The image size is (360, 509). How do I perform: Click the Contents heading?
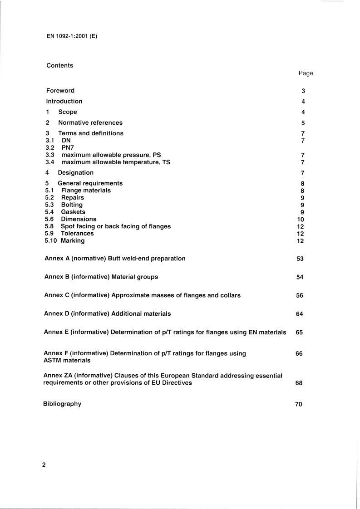click(59, 65)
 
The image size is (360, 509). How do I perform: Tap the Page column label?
click(306, 73)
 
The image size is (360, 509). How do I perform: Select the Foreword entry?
click(60, 90)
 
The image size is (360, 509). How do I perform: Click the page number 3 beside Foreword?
click(303, 91)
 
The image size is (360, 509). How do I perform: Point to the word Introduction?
click(64, 101)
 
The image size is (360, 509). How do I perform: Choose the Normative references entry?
click(90, 122)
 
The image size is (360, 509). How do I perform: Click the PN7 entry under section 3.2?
click(68, 147)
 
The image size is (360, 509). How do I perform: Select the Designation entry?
click(75, 172)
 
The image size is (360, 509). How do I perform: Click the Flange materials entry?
click(86, 191)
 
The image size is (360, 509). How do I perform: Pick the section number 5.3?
click(50, 205)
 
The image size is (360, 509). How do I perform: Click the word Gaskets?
click(73, 212)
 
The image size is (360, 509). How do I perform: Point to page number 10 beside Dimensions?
click(300, 219)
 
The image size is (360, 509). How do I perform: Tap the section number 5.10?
click(51, 240)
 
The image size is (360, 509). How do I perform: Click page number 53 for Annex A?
click(300, 259)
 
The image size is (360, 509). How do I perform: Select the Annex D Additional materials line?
click(107, 313)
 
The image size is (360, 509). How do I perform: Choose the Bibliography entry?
click(62, 404)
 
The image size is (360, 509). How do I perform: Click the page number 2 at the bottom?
click(44, 465)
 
